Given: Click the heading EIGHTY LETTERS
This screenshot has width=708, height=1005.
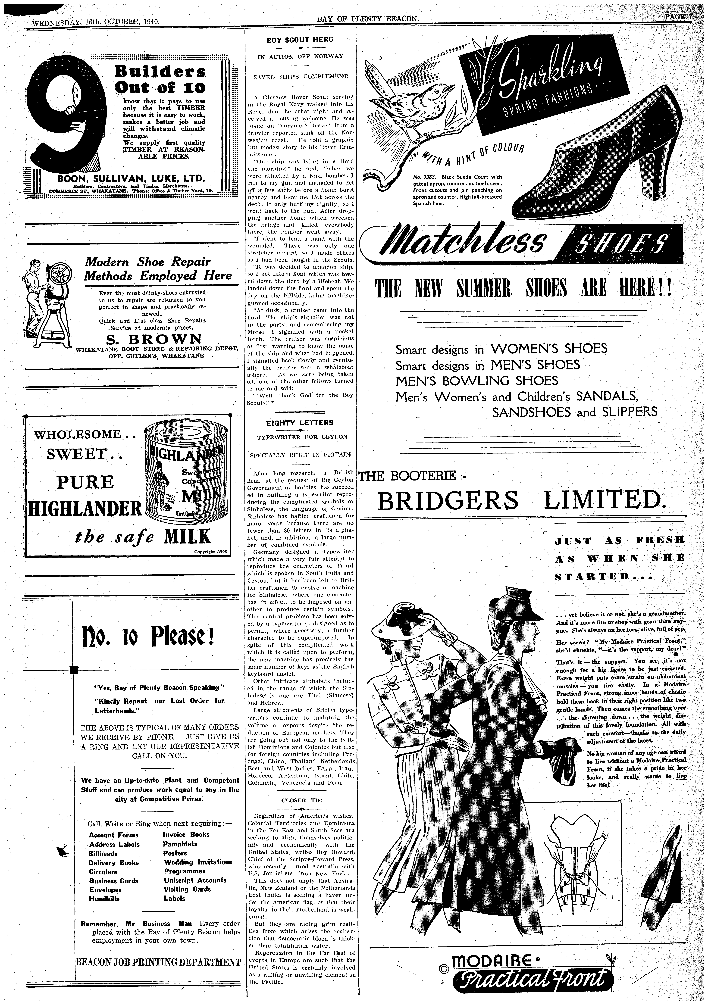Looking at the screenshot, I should (x=300, y=423).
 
